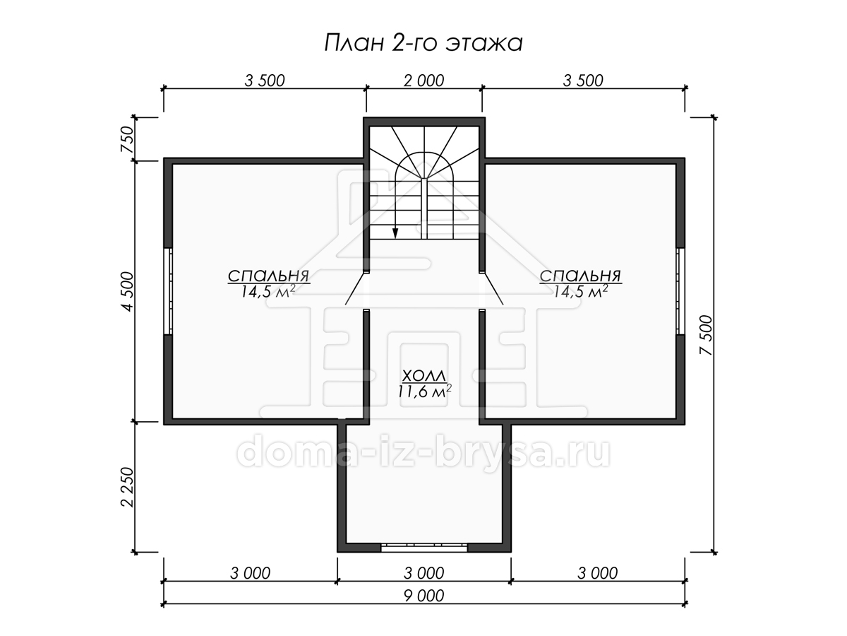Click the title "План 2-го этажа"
(x=423, y=43)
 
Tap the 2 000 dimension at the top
(x=423, y=81)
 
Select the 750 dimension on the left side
(x=127, y=139)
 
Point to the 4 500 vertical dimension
(x=127, y=291)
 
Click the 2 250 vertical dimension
(x=127, y=487)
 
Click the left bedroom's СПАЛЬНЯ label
(x=269, y=276)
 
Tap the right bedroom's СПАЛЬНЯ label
(x=580, y=276)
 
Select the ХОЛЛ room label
(x=424, y=375)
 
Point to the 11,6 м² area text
(x=424, y=391)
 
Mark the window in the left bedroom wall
(x=168, y=291)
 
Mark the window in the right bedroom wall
(x=680, y=291)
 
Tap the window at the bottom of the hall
(x=424, y=548)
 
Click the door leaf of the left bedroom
(x=355, y=289)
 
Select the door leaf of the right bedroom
(x=493, y=289)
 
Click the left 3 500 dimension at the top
(x=265, y=81)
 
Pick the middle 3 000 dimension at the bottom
(x=423, y=573)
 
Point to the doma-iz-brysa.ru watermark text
(x=423, y=452)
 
